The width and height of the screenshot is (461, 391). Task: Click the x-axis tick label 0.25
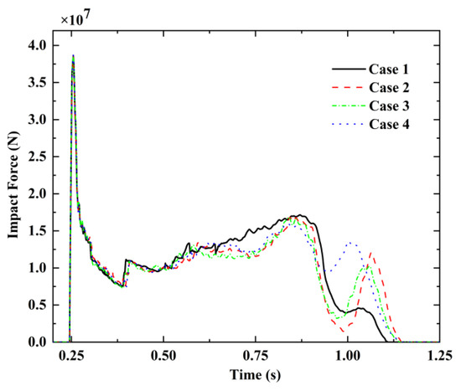[73, 355]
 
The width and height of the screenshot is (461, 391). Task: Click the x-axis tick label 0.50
[164, 355]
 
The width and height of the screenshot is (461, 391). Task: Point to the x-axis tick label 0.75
[256, 355]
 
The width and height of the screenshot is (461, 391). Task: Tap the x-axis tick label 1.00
[348, 355]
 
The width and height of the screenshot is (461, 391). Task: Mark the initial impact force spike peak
[73, 56]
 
